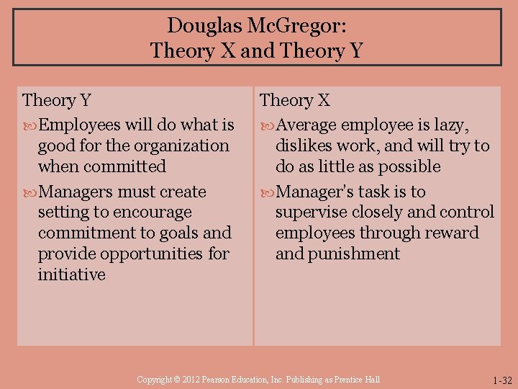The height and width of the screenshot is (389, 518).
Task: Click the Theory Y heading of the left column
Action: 56,100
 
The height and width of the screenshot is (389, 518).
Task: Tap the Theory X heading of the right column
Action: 294,100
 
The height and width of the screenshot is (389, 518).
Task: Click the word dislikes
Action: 306,146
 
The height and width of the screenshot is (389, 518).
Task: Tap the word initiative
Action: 71,274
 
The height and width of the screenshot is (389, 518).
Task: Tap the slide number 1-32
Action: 501,380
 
